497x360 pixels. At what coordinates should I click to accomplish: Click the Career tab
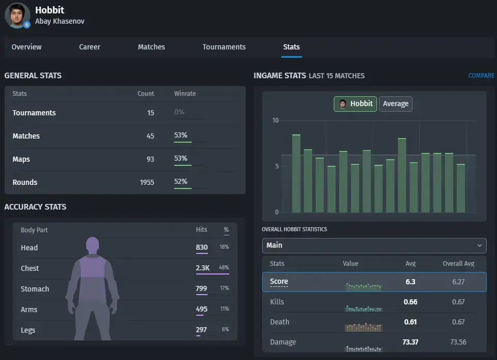(x=90, y=47)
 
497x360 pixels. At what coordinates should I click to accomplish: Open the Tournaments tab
(x=224, y=47)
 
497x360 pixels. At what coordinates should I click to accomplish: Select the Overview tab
(x=26, y=47)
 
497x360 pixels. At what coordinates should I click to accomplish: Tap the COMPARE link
(x=481, y=76)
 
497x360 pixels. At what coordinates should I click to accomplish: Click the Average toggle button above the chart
(x=396, y=104)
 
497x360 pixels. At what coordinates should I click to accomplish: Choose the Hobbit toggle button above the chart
(x=355, y=104)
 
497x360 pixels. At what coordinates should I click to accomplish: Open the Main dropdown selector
(x=374, y=246)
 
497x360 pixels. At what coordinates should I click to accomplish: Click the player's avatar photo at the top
(x=17, y=15)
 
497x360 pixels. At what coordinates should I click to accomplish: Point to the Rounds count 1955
(x=147, y=182)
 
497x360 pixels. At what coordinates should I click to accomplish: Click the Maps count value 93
(x=150, y=159)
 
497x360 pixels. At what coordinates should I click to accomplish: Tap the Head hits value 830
(x=201, y=248)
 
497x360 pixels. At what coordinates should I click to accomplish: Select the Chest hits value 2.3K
(x=202, y=268)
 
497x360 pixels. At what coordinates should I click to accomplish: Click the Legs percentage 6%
(x=225, y=329)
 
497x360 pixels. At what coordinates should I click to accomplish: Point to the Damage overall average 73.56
(x=458, y=342)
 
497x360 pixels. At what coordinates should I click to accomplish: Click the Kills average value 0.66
(x=410, y=302)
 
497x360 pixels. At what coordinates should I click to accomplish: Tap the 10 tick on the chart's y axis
(x=275, y=121)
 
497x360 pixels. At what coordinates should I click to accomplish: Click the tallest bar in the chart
(x=296, y=174)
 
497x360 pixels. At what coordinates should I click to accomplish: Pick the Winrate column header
(x=185, y=94)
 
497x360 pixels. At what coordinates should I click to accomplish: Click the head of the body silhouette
(x=93, y=245)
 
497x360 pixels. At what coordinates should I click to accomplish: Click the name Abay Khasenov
(x=60, y=21)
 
